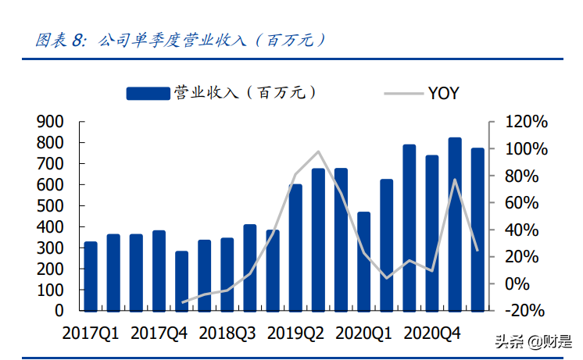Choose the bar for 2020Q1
click(363, 261)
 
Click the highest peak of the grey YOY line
click(318, 151)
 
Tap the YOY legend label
click(443, 94)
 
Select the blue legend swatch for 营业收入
click(148, 94)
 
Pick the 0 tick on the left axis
click(59, 311)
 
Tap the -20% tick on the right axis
click(525, 311)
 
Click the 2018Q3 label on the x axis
click(227, 333)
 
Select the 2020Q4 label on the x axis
click(431, 333)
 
